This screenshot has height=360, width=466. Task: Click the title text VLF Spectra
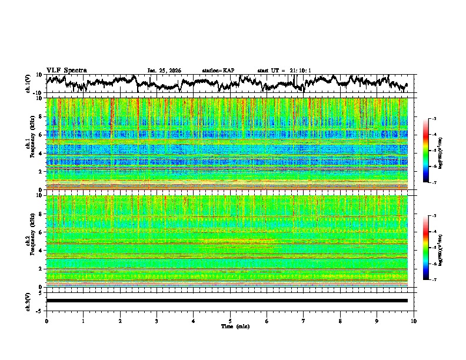point(66,70)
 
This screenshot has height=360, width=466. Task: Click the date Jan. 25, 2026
point(164,71)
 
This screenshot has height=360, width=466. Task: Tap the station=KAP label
point(218,71)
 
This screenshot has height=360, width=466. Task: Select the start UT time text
point(284,71)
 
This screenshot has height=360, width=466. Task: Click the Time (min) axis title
point(230,326)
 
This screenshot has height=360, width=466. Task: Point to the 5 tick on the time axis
point(230,321)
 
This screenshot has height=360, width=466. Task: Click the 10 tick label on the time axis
point(414,321)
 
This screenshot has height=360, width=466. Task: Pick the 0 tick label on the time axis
point(46,321)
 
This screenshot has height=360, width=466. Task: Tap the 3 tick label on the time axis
point(157,321)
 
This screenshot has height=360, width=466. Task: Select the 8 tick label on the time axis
point(340,321)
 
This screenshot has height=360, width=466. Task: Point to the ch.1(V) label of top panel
point(29,84)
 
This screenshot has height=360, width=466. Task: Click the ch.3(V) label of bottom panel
point(29,301)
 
